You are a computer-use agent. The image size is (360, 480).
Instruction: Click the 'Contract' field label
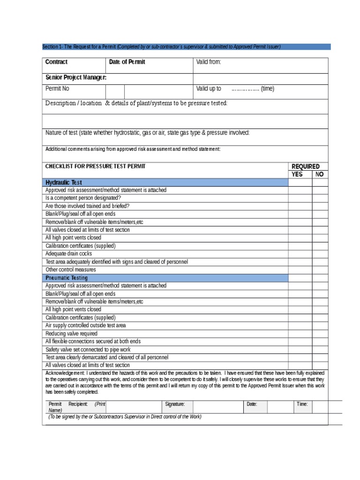(x=56, y=62)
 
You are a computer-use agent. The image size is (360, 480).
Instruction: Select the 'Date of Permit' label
(x=127, y=62)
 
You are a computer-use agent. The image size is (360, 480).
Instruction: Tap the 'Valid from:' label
(x=208, y=62)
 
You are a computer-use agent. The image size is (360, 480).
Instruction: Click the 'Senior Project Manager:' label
(x=75, y=77)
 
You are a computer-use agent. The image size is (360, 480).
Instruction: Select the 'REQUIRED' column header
(x=306, y=166)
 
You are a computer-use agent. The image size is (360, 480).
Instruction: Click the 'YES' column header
(x=297, y=174)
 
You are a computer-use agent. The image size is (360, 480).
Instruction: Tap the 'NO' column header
(x=320, y=174)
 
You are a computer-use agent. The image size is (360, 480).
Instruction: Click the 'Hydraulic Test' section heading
(x=64, y=182)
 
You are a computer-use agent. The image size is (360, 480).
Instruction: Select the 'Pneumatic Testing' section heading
(x=67, y=278)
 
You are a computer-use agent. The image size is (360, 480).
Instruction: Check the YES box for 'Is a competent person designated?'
(x=300, y=198)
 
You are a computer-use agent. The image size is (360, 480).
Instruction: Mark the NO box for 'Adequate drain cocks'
(x=320, y=254)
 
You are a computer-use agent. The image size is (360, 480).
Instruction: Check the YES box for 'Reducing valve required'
(x=300, y=333)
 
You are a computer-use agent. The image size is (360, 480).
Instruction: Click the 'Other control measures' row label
(x=70, y=270)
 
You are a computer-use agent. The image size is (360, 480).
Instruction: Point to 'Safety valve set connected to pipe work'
(x=88, y=349)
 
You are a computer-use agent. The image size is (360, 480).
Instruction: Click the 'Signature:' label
(x=175, y=404)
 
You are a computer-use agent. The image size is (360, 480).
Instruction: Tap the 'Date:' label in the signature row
(x=252, y=404)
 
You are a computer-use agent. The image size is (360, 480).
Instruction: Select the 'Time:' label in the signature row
(x=302, y=404)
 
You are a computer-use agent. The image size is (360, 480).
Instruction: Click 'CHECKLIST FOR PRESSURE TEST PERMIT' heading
(x=95, y=166)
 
